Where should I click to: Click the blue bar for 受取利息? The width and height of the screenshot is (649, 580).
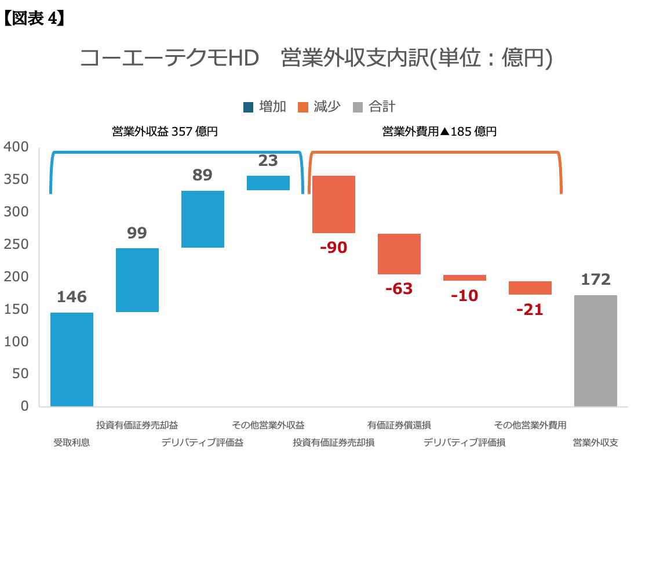pos(72,359)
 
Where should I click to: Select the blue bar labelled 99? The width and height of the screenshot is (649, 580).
pos(137,280)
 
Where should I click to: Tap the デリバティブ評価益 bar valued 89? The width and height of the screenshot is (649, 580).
pos(203,219)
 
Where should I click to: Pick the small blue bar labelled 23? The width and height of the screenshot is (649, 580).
pos(268,183)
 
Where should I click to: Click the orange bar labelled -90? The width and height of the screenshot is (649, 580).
pos(334,204)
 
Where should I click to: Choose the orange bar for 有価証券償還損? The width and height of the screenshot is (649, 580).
pos(399,254)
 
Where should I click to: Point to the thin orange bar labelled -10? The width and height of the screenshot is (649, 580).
pos(465,278)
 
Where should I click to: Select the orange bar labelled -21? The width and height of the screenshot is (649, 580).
pos(530,288)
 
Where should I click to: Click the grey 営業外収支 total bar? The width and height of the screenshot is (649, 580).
pos(596,350)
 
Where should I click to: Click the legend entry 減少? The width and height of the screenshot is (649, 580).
pos(319,107)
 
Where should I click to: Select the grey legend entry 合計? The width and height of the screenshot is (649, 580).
pos(374,107)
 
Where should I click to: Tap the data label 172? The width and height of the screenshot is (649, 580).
pos(596,280)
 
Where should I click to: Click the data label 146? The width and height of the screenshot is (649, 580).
pos(72,297)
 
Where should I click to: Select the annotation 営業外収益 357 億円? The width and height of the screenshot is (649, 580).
pos(165,132)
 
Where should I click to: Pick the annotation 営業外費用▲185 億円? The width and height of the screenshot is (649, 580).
pos(440,132)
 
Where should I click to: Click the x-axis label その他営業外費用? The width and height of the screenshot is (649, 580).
pos(530,425)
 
